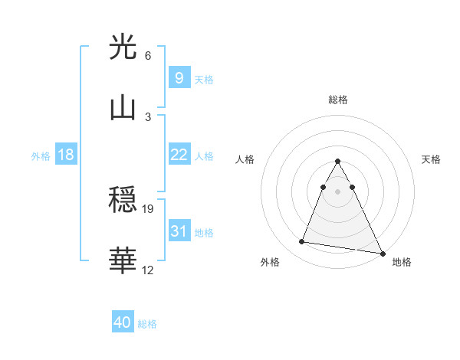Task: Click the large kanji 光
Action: click(123, 47)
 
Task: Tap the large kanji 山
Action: click(123, 108)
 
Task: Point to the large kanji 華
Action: click(123, 261)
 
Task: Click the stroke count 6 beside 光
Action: click(148, 56)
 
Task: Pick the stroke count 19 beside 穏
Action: click(149, 208)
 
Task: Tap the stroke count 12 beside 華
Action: click(149, 270)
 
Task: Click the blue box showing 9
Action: click(179, 77)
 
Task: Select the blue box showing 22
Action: click(179, 155)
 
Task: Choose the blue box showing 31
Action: click(179, 231)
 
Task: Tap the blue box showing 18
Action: click(66, 155)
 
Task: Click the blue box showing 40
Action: click(123, 323)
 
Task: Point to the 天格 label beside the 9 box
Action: click(204, 80)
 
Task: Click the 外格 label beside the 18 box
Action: click(41, 156)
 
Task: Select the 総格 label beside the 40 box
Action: click(147, 325)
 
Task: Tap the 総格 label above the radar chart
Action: click(337, 100)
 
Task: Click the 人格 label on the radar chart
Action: click(245, 159)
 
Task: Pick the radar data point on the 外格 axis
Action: click(302, 242)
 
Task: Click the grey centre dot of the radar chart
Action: click(337, 191)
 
